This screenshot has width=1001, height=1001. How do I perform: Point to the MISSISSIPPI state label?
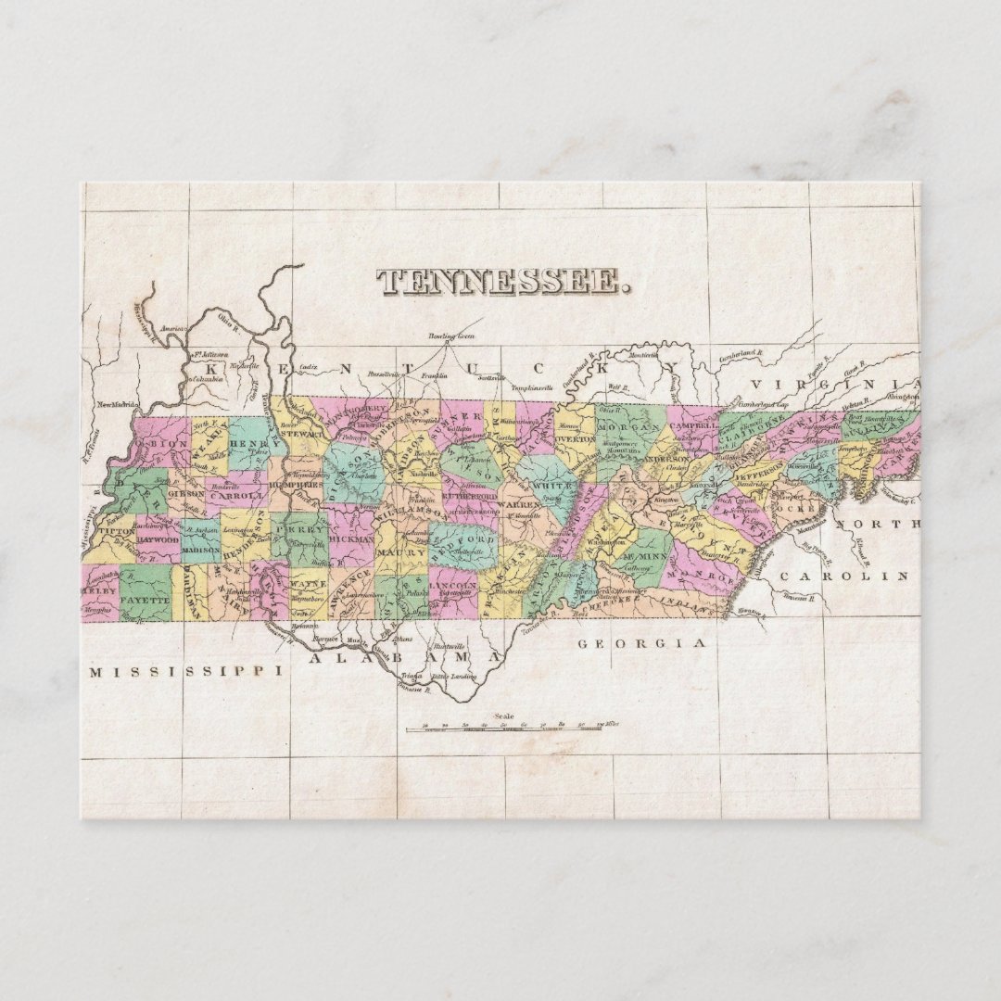pos(185,671)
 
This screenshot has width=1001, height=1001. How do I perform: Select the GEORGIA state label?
pos(642,642)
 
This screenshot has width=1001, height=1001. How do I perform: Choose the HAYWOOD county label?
pos(158,539)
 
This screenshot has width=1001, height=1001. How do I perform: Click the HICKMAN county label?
pos(351,537)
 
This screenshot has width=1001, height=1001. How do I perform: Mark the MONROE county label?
pos(708,576)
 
